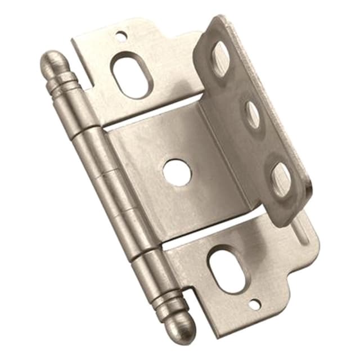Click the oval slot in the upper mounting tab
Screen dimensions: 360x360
click(x=131, y=75)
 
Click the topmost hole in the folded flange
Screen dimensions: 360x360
click(x=221, y=58)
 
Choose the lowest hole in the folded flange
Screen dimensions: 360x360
click(x=281, y=181)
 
